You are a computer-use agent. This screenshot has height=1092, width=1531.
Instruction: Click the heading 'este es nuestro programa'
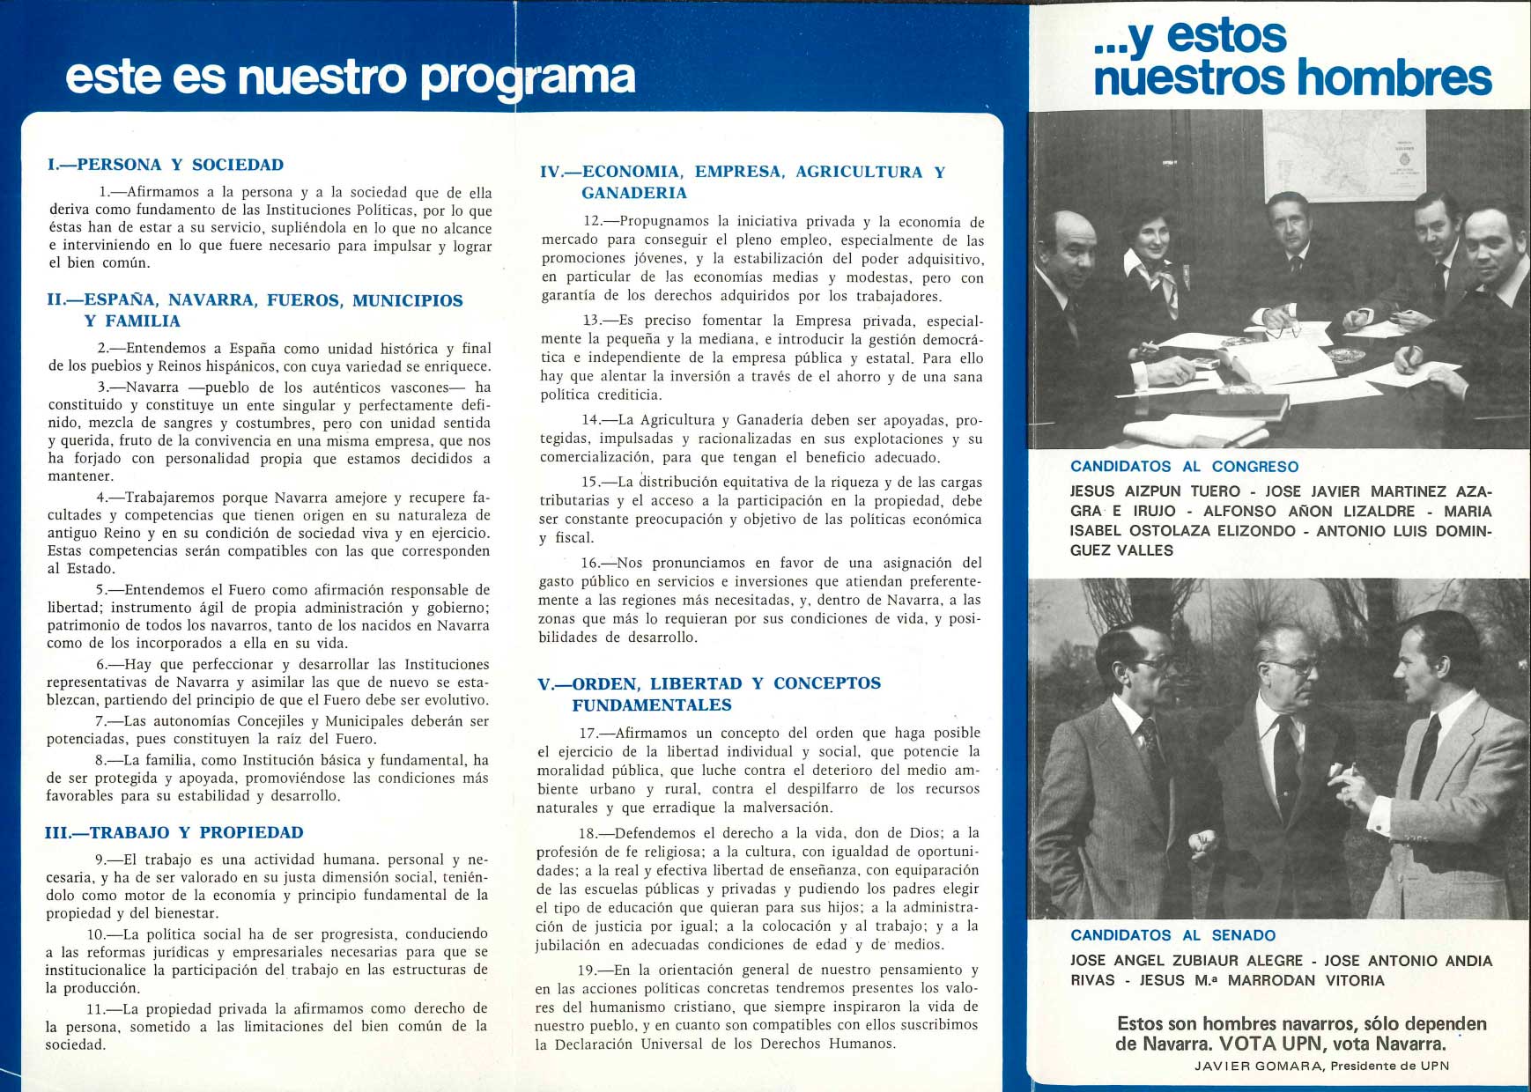[350, 77]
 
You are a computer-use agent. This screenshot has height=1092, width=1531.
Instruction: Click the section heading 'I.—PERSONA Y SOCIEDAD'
[166, 165]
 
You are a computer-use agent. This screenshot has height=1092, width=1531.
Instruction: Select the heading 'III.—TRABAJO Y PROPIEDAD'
[174, 832]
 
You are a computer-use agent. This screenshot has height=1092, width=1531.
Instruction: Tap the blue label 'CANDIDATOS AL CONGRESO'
[1184, 467]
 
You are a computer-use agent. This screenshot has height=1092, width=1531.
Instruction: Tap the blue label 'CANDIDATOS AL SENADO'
[1172, 935]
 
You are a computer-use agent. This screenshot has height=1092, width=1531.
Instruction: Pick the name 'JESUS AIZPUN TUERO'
[1155, 491]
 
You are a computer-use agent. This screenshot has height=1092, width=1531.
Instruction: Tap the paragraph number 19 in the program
[592, 970]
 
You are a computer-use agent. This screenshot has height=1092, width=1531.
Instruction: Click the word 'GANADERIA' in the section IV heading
[633, 193]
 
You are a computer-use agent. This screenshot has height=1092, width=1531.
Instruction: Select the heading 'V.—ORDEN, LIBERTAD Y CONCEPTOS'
[709, 683]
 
